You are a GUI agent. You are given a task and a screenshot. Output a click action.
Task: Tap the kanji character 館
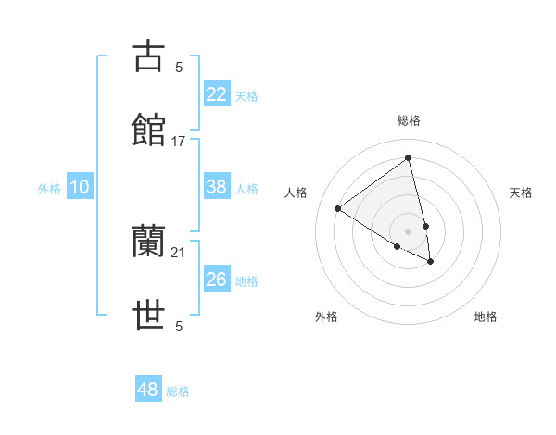pos(148,130)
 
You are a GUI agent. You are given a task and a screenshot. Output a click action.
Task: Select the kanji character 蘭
pos(148,242)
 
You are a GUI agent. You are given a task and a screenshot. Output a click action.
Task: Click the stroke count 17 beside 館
pos(179,142)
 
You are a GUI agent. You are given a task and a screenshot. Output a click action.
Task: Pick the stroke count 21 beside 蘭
pos(179,252)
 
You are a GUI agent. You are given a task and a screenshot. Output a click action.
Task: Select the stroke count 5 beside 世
pos(179,326)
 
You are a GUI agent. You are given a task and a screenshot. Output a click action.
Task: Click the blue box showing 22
pos(217,93)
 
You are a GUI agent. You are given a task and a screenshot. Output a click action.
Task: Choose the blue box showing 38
pos(217,187)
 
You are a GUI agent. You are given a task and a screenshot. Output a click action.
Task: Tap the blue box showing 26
pos(217,279)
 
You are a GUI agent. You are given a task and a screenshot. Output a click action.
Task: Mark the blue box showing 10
pos(80,187)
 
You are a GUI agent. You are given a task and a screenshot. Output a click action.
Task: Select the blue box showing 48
pos(148,390)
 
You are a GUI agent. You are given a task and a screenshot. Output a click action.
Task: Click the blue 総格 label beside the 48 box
pos(178,391)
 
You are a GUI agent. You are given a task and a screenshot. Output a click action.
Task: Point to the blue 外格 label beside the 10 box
pos(49,189)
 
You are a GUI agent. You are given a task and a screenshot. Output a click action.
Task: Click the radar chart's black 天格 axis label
pos(521,193)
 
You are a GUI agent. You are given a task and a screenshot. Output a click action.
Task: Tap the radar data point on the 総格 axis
pos(408,158)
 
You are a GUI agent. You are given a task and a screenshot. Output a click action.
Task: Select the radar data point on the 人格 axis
pos(338,208)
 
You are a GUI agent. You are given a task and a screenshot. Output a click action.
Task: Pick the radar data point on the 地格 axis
pos(430,262)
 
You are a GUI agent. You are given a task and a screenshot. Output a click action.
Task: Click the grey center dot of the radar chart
pos(408,230)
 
